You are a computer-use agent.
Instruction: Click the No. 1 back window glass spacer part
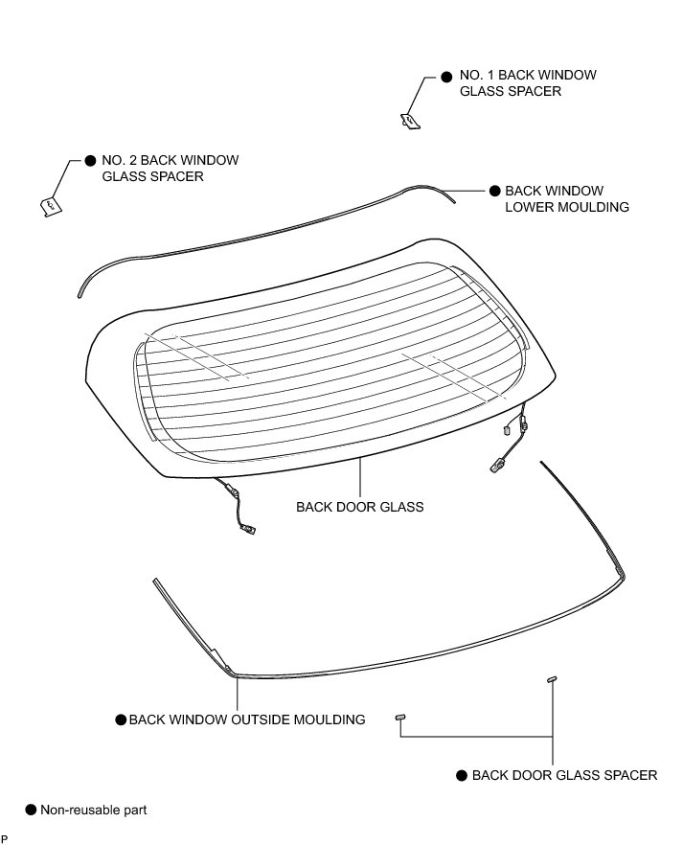(x=408, y=120)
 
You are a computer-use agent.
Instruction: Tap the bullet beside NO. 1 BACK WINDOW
(x=446, y=76)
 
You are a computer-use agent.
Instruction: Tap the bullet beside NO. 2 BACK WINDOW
(x=90, y=161)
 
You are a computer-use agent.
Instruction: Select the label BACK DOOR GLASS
(x=359, y=506)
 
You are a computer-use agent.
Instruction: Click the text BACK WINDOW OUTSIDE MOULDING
(x=247, y=719)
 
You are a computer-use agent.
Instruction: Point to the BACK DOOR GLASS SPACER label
(x=564, y=775)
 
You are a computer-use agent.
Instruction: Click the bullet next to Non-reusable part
(x=31, y=810)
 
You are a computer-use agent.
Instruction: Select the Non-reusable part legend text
(x=93, y=810)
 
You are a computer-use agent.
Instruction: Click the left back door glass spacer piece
(x=400, y=716)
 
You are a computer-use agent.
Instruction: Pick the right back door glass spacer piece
(x=552, y=678)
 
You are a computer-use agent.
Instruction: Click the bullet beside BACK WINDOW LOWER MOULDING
(x=494, y=191)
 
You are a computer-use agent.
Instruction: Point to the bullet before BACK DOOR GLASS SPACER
(x=462, y=775)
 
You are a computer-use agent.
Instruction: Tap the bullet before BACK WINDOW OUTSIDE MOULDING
(x=121, y=719)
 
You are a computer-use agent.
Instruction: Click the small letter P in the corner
(x=5, y=839)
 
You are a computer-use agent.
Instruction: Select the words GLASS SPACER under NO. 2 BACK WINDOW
(x=152, y=177)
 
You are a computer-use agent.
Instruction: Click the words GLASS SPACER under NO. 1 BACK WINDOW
(x=511, y=92)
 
